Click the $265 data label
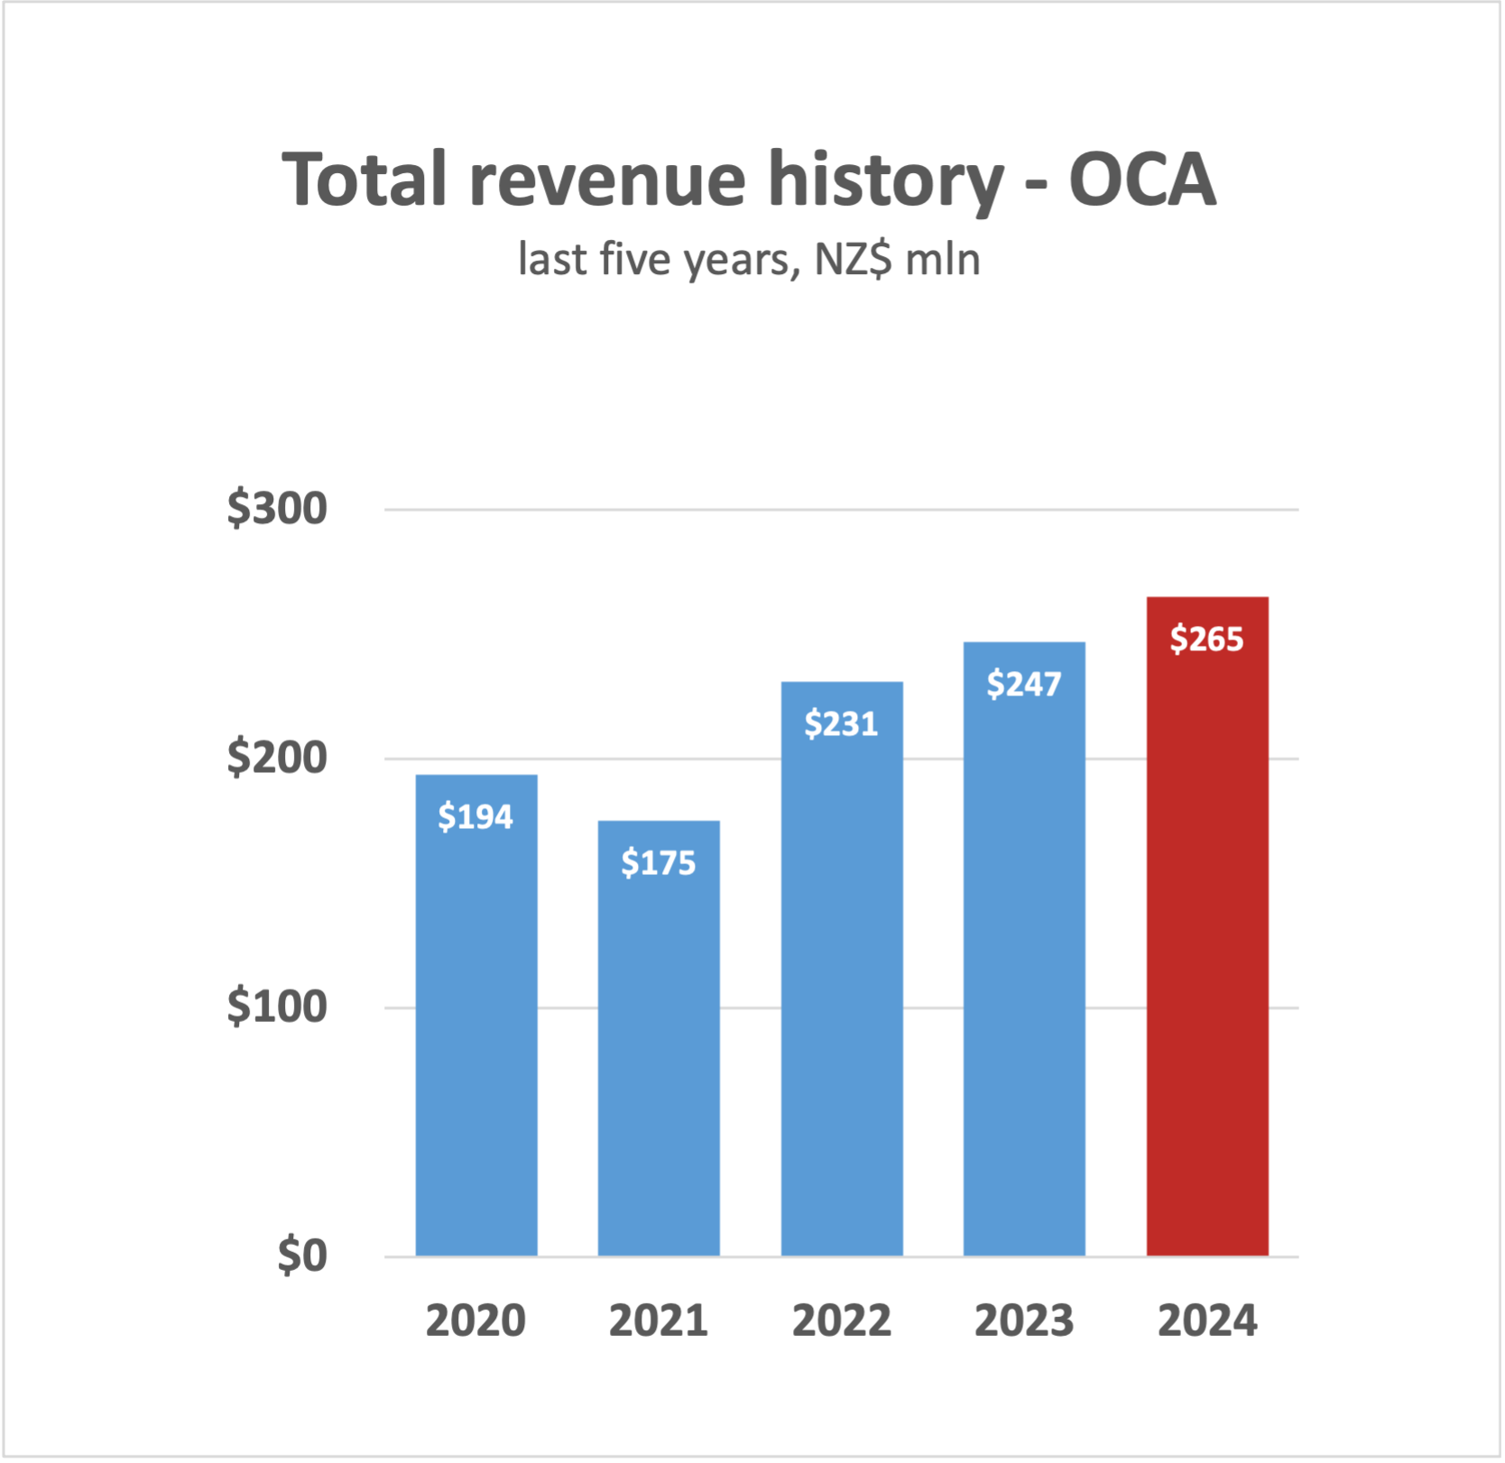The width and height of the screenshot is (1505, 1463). (1207, 639)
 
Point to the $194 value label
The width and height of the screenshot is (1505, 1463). (476, 817)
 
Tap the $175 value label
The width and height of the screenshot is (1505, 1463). (659, 863)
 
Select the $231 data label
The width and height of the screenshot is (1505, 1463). (841, 723)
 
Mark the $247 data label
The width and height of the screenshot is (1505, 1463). (1024, 684)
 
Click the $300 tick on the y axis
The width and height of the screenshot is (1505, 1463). (277, 509)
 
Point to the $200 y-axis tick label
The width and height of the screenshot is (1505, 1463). (277, 758)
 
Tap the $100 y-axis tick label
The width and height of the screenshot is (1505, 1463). (277, 1007)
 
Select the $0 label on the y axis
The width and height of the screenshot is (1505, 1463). (302, 1256)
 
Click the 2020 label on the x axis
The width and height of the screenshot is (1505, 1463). (476, 1321)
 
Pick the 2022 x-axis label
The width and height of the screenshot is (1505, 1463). (842, 1321)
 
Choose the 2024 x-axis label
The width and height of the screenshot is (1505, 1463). (1207, 1321)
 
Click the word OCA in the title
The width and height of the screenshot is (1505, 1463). (1142, 179)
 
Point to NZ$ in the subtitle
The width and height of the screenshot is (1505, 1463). (853, 260)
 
